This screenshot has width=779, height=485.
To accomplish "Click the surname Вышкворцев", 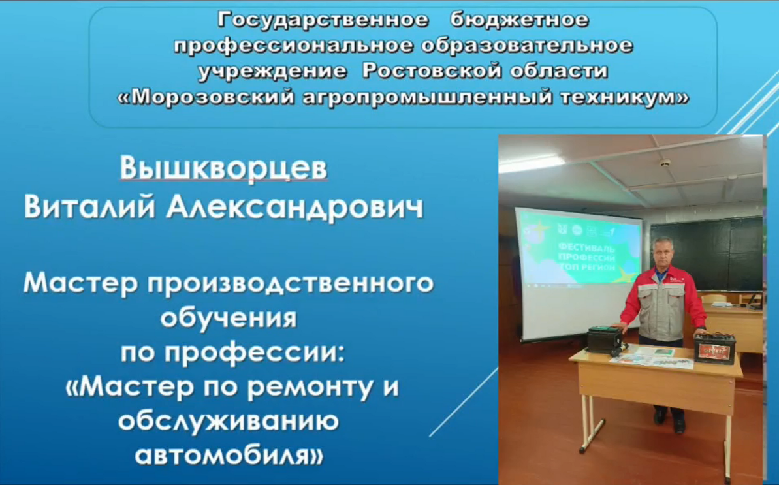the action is (223, 169).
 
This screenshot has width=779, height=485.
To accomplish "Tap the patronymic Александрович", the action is (294, 207).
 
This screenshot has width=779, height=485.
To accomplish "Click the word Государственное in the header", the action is (323, 20).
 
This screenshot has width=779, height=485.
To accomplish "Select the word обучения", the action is (229, 318).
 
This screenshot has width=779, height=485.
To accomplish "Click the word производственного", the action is (291, 284).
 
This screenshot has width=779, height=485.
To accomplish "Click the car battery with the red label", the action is (714, 348).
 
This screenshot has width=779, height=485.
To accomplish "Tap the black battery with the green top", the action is (605, 341).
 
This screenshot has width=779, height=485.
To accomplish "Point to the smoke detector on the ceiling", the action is (665, 163).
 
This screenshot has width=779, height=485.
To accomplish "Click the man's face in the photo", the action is (665, 252).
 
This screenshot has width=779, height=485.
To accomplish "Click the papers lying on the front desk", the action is (651, 357).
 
